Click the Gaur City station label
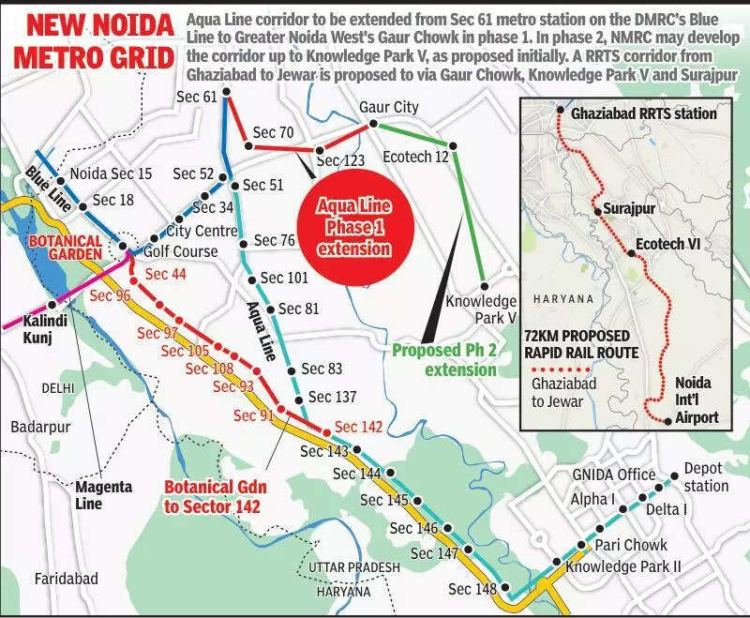coord(389,107)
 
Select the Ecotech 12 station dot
coord(453,145)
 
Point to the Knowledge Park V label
coord(481,309)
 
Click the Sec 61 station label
coord(196,97)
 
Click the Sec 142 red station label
coord(358,427)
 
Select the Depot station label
coord(704,476)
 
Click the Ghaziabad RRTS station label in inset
coord(643,114)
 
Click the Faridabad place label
coord(66,579)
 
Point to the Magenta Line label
coord(103,495)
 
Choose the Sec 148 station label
coord(472,589)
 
